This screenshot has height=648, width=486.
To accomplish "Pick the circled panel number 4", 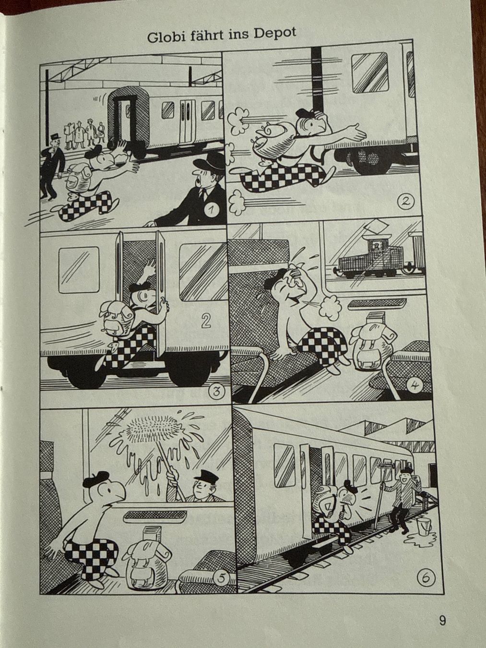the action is (x=415, y=386).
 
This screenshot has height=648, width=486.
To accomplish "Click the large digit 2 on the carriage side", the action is (x=205, y=321).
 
